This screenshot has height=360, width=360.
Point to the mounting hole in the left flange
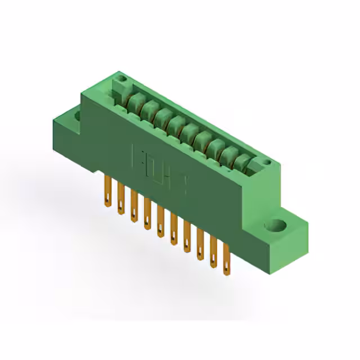78,116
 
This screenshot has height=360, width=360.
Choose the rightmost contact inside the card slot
242,163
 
